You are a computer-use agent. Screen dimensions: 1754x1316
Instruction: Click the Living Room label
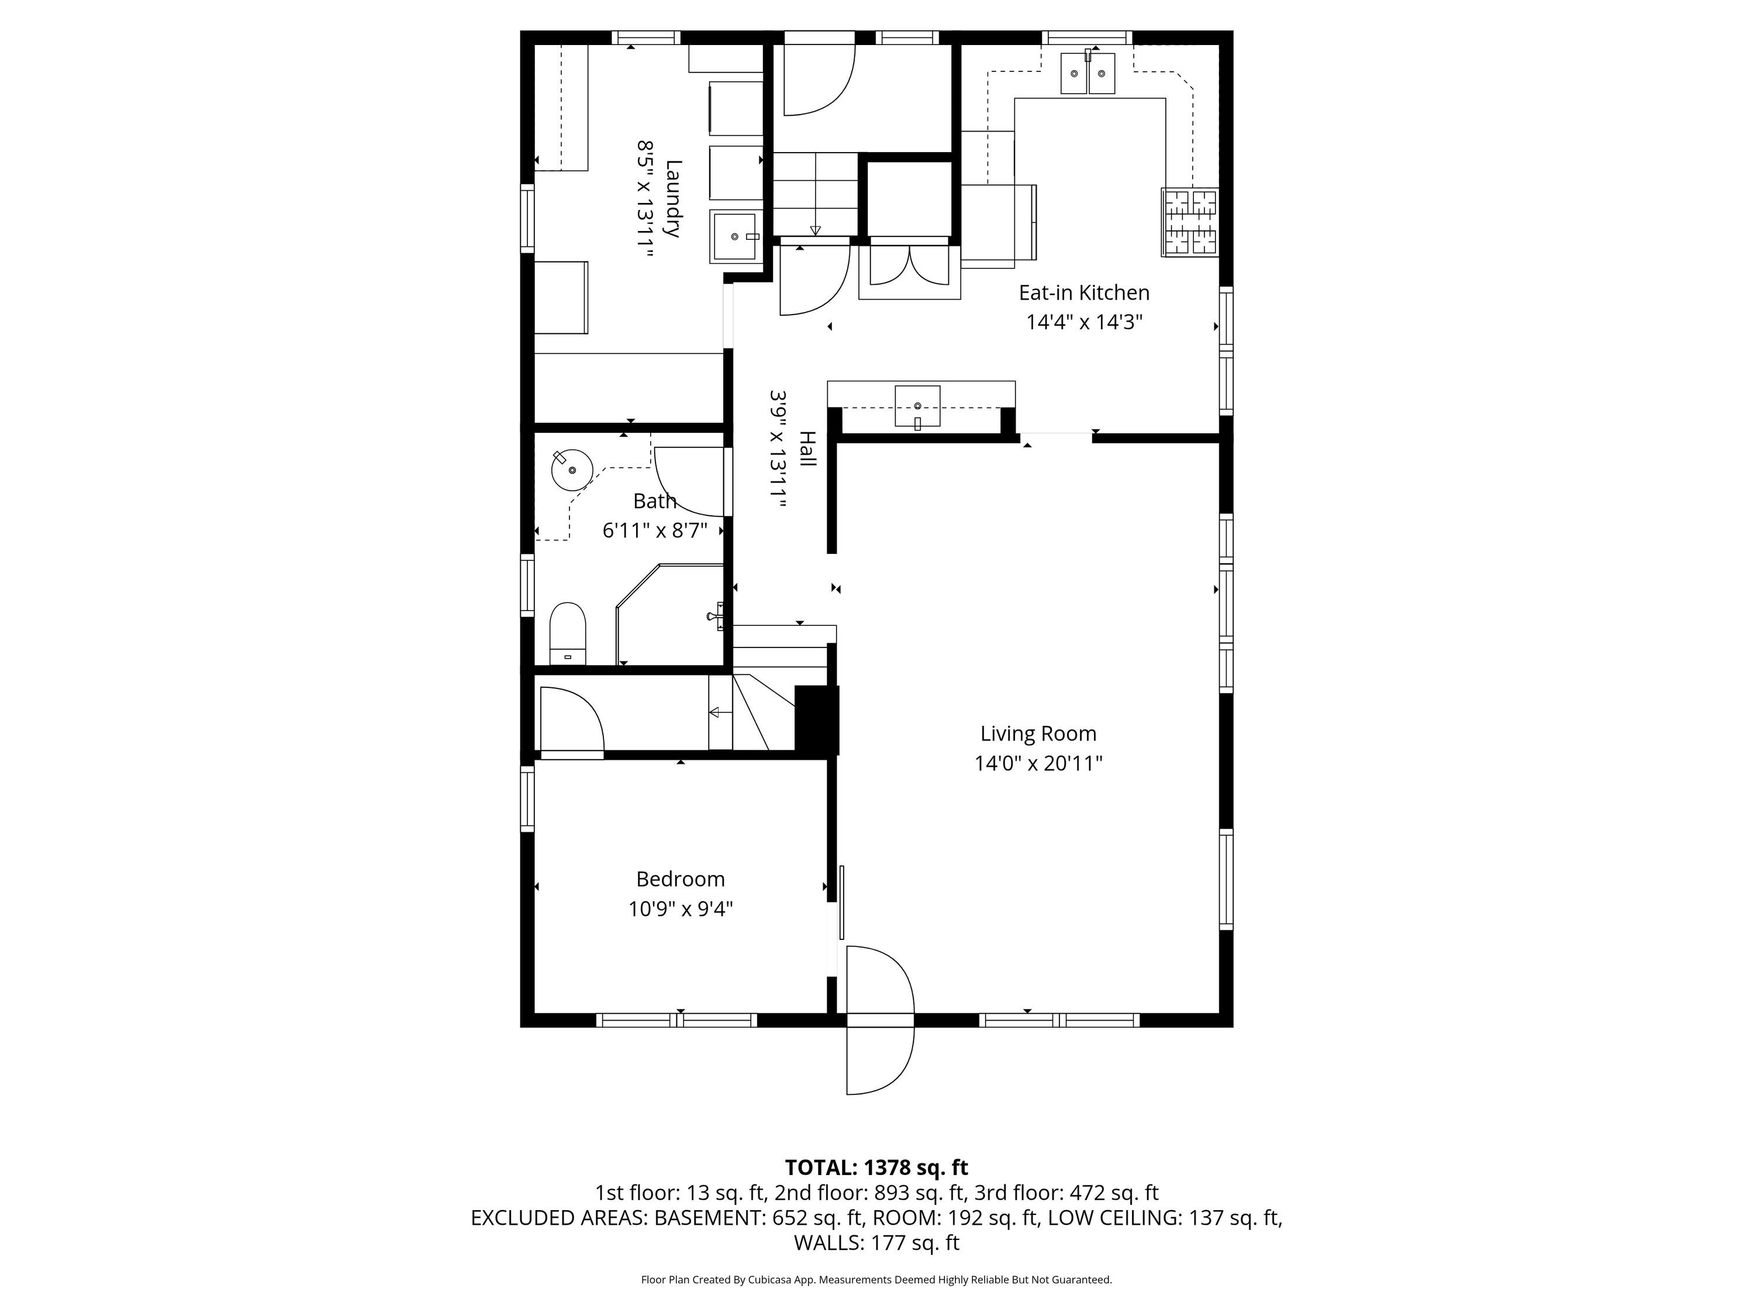click(x=1038, y=734)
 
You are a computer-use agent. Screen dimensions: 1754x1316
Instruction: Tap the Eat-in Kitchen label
click(x=1084, y=292)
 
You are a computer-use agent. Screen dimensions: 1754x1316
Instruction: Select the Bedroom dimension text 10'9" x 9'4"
click(x=681, y=908)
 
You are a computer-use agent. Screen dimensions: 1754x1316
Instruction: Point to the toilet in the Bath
click(x=568, y=633)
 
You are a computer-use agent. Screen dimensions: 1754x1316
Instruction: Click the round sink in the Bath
click(x=572, y=470)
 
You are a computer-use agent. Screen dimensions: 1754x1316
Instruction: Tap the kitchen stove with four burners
click(x=1189, y=222)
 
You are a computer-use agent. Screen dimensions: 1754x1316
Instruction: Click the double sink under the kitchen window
click(x=1088, y=73)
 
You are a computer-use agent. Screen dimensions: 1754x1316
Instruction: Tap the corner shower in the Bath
click(x=670, y=615)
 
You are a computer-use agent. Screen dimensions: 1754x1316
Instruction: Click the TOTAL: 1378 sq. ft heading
click(x=876, y=1167)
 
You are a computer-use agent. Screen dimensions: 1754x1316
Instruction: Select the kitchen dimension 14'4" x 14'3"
click(x=1084, y=322)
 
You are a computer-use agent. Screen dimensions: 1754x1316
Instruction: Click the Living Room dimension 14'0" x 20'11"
click(x=1038, y=763)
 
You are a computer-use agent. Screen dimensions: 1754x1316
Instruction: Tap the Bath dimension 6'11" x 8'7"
click(x=655, y=530)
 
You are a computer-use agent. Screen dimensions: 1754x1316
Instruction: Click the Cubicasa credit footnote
click(x=876, y=1280)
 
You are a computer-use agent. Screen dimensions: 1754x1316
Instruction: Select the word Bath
click(x=654, y=501)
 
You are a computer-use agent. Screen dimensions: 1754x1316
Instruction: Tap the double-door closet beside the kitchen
click(x=910, y=268)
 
